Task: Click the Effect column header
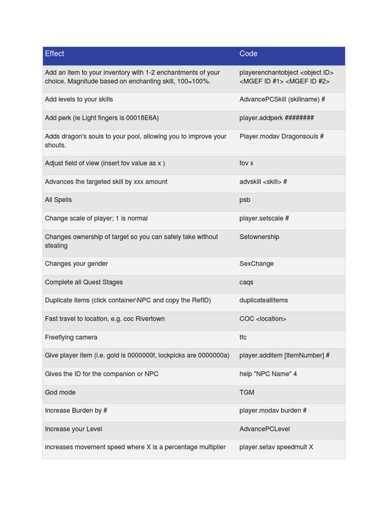pyautogui.click(x=55, y=54)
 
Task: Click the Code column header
pyautogui.click(x=248, y=54)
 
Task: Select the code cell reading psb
pyautogui.click(x=245, y=200)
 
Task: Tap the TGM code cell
pyautogui.click(x=247, y=392)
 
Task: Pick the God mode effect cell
pyautogui.click(x=60, y=392)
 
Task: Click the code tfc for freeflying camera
pyautogui.click(x=243, y=338)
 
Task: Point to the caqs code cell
pyautogui.click(x=246, y=282)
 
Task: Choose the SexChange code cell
pyautogui.click(x=256, y=264)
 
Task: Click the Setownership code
pyautogui.click(x=259, y=237)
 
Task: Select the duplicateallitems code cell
pyautogui.click(x=264, y=300)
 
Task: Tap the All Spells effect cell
pyautogui.click(x=58, y=200)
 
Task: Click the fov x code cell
pyautogui.click(x=246, y=163)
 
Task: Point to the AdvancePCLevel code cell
pyautogui.click(x=265, y=429)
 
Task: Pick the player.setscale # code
pyautogui.click(x=264, y=219)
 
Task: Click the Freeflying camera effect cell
pyautogui.click(x=71, y=338)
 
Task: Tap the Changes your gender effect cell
pyautogui.click(x=76, y=264)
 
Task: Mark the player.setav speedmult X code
pyautogui.click(x=276, y=447)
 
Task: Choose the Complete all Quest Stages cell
pyautogui.click(x=84, y=282)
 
